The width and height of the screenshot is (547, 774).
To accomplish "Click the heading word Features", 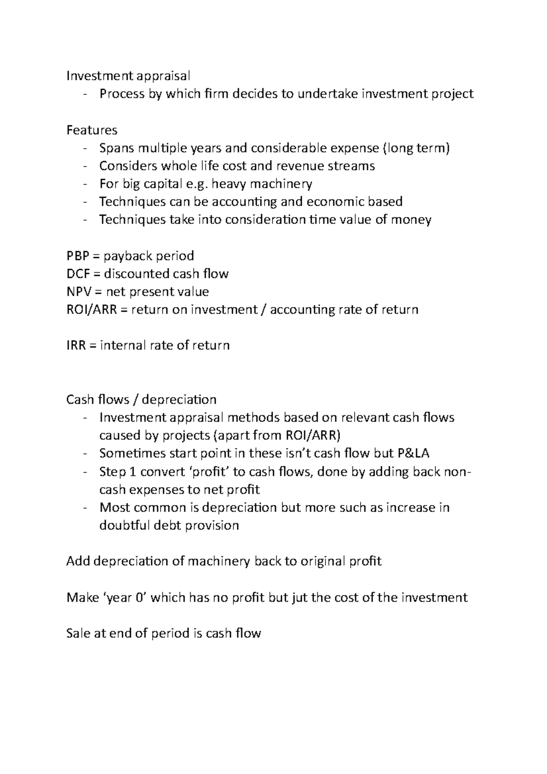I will pyautogui.click(x=92, y=130).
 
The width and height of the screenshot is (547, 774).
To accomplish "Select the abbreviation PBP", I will pyautogui.click(x=78, y=256).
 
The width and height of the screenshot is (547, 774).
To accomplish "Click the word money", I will pyautogui.click(x=410, y=220).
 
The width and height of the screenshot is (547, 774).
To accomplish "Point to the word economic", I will pyautogui.click(x=327, y=201).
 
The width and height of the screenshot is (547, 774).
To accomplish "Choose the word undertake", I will pyautogui.click(x=327, y=94).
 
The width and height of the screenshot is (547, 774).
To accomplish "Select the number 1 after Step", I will pyautogui.click(x=133, y=471).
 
